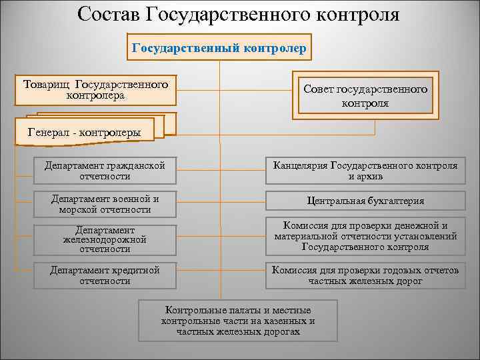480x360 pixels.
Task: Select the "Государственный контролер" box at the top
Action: click(x=219, y=48)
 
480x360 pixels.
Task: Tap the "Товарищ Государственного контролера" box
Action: click(x=95, y=90)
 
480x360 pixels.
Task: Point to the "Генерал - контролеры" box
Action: click(x=85, y=132)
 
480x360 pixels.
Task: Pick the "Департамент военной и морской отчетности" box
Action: click(x=105, y=204)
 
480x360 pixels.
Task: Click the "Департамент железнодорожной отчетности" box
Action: click(x=105, y=239)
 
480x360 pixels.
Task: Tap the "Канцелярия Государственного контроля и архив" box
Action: click(x=365, y=171)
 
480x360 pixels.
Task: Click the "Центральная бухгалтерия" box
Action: click(x=365, y=201)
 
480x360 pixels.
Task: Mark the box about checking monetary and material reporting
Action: click(x=365, y=236)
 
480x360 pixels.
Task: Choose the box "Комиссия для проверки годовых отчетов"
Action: click(x=365, y=275)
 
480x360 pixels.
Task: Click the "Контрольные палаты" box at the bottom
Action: click(x=238, y=321)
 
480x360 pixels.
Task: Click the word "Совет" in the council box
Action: click(x=319, y=89)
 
